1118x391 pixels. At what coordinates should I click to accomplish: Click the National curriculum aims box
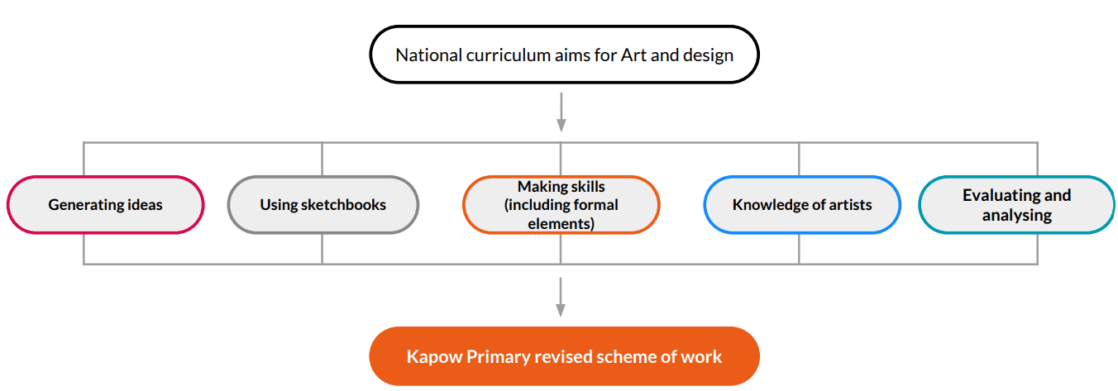click(x=564, y=55)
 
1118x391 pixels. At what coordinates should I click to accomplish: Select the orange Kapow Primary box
click(x=564, y=356)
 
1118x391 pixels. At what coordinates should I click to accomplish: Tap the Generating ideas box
click(x=105, y=204)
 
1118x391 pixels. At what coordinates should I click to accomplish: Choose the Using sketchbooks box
click(x=323, y=204)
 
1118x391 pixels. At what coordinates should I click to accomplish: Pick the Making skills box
click(x=561, y=204)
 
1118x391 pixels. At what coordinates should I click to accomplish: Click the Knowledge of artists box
click(x=802, y=204)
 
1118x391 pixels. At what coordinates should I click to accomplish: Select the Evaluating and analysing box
click(x=1016, y=204)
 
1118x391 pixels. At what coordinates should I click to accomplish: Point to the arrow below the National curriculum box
click(x=561, y=112)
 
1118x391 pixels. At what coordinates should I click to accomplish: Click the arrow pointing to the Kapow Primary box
click(x=561, y=298)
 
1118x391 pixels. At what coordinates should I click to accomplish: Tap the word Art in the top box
click(x=633, y=55)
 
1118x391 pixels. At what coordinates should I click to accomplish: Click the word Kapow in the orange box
click(x=434, y=357)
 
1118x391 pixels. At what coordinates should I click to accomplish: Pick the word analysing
click(x=1016, y=216)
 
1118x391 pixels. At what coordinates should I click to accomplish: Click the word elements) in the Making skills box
click(x=561, y=223)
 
